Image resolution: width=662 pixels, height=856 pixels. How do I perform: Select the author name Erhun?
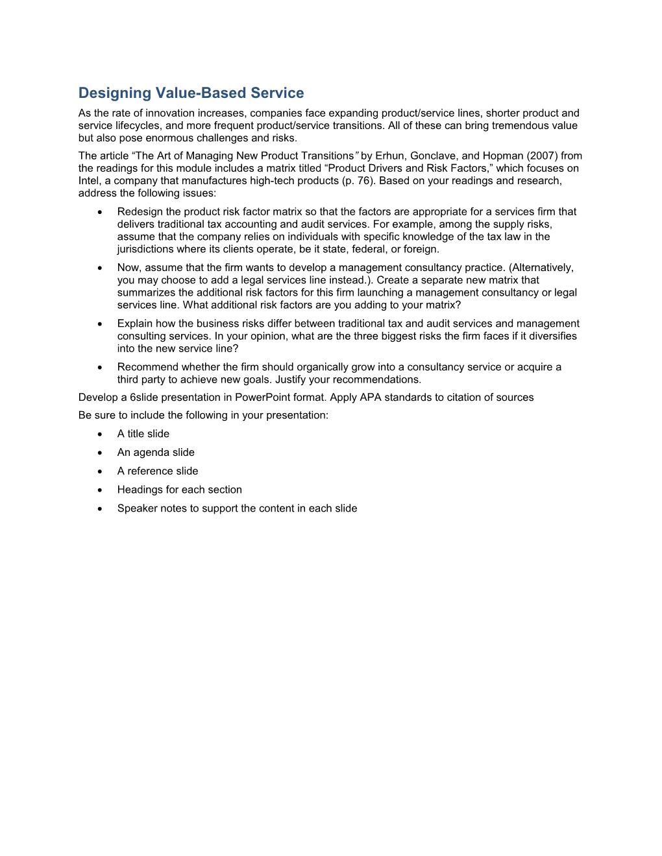(390, 156)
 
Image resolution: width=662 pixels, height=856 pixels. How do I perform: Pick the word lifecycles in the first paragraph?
(138, 126)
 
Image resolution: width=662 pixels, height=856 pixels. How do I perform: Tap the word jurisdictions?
(146, 250)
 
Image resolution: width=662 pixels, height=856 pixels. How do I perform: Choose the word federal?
(369, 250)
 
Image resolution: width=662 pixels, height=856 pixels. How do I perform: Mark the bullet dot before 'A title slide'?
(100, 434)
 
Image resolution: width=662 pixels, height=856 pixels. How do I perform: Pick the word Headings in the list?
(138, 490)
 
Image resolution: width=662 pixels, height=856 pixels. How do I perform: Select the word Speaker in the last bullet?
(136, 508)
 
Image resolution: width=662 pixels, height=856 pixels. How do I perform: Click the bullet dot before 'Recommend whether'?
(100, 368)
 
